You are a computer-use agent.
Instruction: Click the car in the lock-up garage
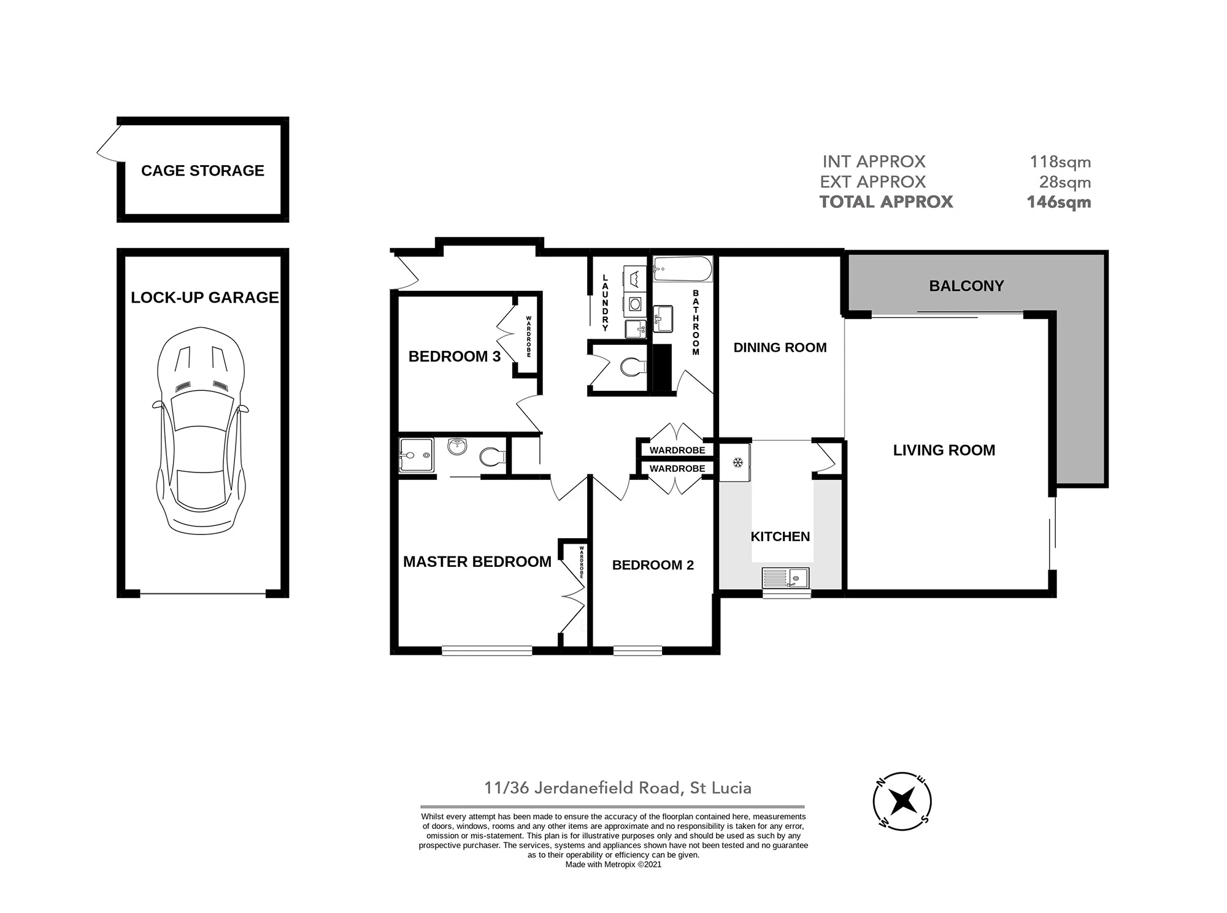coord(201,430)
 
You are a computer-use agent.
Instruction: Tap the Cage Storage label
coord(202,171)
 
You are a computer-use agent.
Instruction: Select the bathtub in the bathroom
coord(682,269)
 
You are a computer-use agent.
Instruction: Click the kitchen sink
coord(786,577)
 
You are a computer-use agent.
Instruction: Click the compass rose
coord(902,801)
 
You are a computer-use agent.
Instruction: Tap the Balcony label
coord(966,286)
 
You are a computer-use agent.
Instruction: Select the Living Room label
coord(944,450)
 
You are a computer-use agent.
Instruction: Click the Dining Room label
coord(780,347)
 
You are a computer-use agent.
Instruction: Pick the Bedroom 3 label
coord(455,356)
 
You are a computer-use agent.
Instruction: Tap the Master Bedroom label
coord(477,561)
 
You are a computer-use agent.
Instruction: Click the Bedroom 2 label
coord(653,565)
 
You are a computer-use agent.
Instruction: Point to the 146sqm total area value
coord(1059,202)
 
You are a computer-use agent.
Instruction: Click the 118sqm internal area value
coord(1060,162)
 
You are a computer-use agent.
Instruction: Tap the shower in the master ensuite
coord(417,455)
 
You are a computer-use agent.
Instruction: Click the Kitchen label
coord(780,536)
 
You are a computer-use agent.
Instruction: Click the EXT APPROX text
coord(873,182)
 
